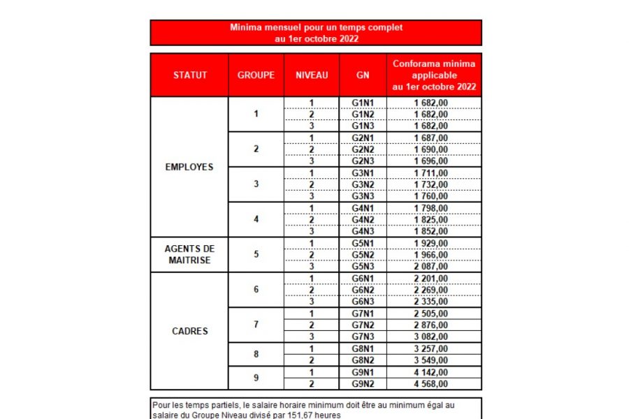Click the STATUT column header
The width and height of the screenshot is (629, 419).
[x=190, y=75]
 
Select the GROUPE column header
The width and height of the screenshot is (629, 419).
[x=256, y=75]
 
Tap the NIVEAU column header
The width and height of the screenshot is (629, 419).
[x=312, y=75]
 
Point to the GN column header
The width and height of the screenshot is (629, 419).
[x=363, y=75]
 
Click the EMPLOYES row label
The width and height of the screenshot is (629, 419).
[x=189, y=167]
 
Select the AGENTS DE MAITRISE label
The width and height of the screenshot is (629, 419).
[x=189, y=254]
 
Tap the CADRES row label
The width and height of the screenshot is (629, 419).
[x=189, y=331]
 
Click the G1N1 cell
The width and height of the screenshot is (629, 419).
[x=363, y=103]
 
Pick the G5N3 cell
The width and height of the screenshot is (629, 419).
[x=363, y=266]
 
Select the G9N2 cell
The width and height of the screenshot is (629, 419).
[x=363, y=383]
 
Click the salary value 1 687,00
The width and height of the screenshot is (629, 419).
[x=431, y=138]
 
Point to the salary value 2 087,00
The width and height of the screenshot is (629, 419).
[x=431, y=266]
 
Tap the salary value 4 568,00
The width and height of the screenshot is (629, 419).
[x=431, y=383]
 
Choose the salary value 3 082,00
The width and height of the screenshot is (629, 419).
[x=431, y=337]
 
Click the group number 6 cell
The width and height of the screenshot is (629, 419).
[x=256, y=290]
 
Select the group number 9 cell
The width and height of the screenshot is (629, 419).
[x=256, y=378]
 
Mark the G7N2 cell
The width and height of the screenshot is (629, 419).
[x=363, y=325]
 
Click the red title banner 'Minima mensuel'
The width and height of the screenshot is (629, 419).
[x=316, y=33]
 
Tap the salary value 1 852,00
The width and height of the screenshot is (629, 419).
[x=431, y=231]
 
